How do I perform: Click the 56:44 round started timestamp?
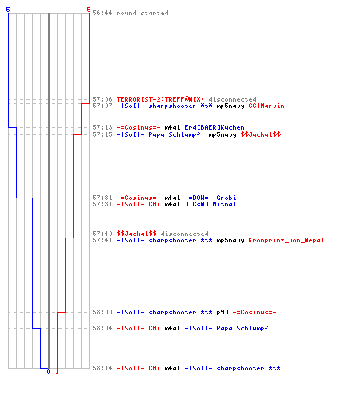102,13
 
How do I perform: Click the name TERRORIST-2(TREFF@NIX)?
160,99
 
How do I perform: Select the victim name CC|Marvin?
266,106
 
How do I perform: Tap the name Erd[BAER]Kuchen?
214,127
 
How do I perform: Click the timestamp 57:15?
102,134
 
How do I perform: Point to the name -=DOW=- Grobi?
210,198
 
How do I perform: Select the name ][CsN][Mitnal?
210,204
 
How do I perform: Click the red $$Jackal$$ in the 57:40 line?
137,234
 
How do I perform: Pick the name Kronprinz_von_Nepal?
286,240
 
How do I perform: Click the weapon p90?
222,312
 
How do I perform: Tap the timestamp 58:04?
102,328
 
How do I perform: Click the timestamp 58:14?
102,368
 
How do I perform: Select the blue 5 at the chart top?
8,10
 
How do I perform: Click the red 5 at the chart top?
89,10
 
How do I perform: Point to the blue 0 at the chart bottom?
48,371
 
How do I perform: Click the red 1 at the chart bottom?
57,371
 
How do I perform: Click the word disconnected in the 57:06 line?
232,99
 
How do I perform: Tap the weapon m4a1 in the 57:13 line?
172,127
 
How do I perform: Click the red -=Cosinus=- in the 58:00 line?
254,312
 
